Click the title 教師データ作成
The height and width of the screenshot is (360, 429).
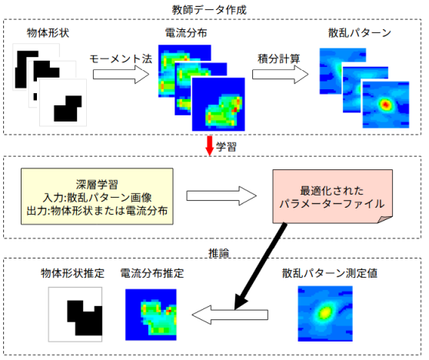pyautogui.click(x=209, y=10)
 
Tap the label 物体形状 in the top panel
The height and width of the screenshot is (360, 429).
pyautogui.click(x=48, y=33)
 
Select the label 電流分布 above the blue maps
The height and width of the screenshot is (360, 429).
pyautogui.click(x=186, y=33)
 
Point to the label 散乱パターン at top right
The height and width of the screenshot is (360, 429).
pyautogui.click(x=360, y=33)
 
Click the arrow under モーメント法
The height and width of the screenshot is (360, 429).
pyautogui.click(x=121, y=75)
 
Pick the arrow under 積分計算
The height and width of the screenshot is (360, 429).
pyautogui.click(x=280, y=75)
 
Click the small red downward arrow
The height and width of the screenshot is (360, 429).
pyautogui.click(x=210, y=146)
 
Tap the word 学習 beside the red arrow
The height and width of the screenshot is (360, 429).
pyautogui.click(x=226, y=147)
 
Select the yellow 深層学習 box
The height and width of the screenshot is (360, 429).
pyautogui.click(x=97, y=197)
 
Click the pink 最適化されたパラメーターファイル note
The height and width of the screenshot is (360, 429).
pyautogui.click(x=332, y=196)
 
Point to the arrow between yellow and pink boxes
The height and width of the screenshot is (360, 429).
pyautogui.click(x=221, y=195)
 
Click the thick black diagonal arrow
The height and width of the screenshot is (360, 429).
pyautogui.click(x=260, y=267)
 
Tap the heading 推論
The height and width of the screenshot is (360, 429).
pyautogui.click(x=218, y=253)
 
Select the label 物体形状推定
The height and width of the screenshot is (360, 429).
pyautogui.click(x=72, y=273)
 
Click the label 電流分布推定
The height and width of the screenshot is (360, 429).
pyautogui.click(x=152, y=273)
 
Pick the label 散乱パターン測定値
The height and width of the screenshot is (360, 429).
pyautogui.click(x=330, y=273)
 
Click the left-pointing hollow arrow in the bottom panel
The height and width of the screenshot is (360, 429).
pyautogui.click(x=230, y=315)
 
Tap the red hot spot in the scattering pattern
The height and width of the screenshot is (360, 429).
pyautogui.click(x=386, y=105)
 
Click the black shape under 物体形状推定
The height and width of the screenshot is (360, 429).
pyautogui.click(x=85, y=318)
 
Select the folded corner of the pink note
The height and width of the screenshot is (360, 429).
pyautogui.click(x=386, y=219)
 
